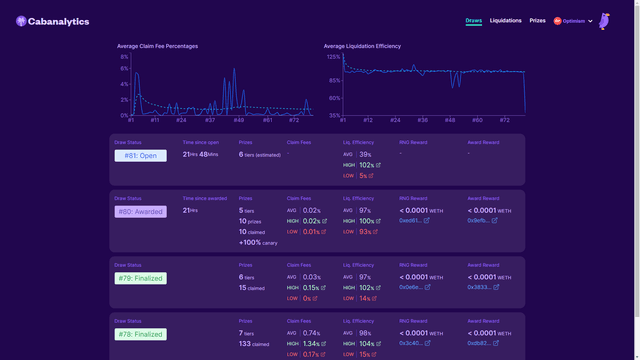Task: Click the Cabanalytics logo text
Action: (x=59, y=21)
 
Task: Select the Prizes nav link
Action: (x=537, y=20)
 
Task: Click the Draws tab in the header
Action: (x=475, y=20)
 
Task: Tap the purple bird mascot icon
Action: (x=605, y=21)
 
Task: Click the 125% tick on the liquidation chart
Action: (x=332, y=56)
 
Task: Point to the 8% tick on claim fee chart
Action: (x=124, y=56)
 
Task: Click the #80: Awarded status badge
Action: (x=140, y=211)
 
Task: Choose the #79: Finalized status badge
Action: (x=140, y=278)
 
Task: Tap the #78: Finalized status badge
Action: (x=140, y=333)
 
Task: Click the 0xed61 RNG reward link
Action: (x=414, y=220)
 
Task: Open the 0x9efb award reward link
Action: (x=482, y=220)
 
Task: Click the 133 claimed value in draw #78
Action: (x=255, y=343)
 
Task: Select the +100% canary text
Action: (x=259, y=242)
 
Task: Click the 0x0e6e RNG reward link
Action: (x=414, y=287)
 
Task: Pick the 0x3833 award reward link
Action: (x=482, y=287)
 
